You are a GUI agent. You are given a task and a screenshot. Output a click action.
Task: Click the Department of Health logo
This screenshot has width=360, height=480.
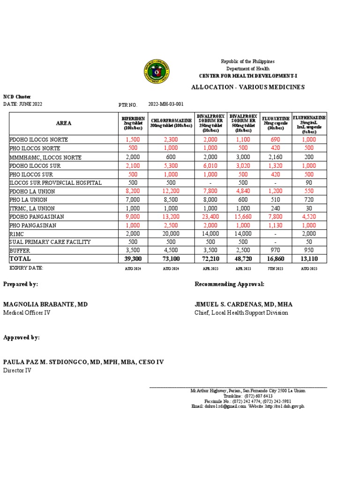pos(156,72)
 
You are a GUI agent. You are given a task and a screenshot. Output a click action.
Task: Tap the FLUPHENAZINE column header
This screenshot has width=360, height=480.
pos(309,123)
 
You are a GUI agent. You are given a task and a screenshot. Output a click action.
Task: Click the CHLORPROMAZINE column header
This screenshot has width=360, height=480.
pos(171,123)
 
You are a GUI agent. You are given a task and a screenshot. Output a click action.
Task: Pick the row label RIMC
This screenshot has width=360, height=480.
pos(16,233)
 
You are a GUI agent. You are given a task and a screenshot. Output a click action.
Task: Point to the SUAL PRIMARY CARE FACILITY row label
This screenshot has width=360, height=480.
pos(50,242)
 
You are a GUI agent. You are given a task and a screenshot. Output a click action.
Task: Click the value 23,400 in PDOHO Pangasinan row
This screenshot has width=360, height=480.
pos(210,217)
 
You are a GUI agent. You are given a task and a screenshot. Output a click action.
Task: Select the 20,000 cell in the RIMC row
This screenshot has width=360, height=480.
pos(171,233)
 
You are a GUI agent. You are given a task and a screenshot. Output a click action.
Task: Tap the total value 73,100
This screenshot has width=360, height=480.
pos(171,259)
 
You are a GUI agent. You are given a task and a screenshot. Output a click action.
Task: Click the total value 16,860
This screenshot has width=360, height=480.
pos(275,259)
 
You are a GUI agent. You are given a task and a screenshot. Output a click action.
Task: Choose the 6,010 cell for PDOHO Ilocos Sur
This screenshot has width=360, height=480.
pos(210,165)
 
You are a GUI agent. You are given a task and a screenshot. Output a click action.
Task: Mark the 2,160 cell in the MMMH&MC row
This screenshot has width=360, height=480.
pos(275,157)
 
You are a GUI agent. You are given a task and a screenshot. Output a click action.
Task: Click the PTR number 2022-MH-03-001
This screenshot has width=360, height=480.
pos(166,104)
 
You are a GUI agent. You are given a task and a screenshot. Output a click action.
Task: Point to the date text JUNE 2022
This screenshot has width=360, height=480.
pos(30,104)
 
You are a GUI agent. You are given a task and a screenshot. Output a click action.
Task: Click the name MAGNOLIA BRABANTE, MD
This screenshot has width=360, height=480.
pos(45,304)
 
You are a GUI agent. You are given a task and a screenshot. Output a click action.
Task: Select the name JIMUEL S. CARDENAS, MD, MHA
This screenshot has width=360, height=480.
pos(243,304)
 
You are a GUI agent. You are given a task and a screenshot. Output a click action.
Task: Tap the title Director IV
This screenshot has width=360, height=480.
pos(17,370)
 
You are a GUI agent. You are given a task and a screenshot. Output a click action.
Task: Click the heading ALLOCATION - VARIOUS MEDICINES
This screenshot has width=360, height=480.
pos(248,87)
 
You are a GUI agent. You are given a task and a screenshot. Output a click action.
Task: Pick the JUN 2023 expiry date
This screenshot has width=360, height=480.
pos(275,269)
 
